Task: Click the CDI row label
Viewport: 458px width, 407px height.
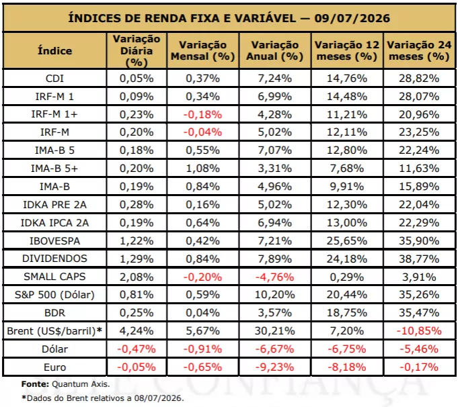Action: coord(54,79)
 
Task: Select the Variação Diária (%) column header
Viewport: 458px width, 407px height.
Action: coord(137,51)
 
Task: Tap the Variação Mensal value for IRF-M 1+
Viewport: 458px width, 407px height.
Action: coord(202,115)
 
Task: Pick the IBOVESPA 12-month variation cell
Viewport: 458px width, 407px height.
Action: coord(347,241)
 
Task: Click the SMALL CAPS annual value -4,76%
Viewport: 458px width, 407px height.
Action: coord(275,277)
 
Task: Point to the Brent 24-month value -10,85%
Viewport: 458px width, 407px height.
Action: coord(419,331)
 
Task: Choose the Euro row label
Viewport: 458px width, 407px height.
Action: coord(54,367)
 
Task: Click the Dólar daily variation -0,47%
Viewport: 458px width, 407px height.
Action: coord(137,349)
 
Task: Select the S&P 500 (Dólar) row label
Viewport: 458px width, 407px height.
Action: coord(54,295)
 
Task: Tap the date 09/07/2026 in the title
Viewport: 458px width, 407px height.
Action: coord(352,18)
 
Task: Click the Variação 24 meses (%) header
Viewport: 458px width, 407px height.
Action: coord(419,51)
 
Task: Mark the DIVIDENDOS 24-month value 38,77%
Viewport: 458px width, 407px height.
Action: coord(419,259)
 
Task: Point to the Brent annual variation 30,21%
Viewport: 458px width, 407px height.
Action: coord(275,331)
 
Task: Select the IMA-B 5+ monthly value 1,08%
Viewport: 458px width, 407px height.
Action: coord(202,169)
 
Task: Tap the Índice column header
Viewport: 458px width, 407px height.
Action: coord(54,51)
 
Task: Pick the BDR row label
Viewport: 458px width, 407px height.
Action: coord(54,313)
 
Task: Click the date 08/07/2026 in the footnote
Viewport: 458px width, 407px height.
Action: coord(159,398)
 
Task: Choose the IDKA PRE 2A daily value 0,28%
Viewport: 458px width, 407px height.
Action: coord(137,205)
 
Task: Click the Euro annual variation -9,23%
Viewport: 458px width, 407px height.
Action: coord(275,367)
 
